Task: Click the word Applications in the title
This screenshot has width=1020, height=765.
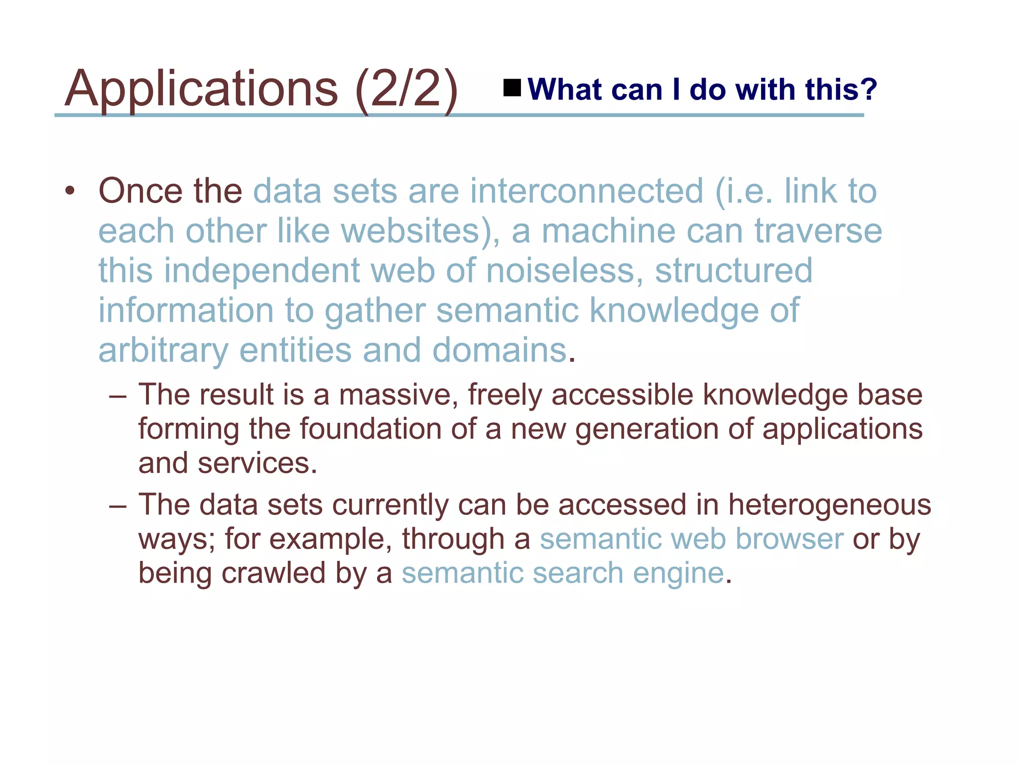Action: point(201,90)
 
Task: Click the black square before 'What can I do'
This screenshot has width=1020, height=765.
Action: point(511,88)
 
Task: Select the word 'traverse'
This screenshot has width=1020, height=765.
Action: point(818,231)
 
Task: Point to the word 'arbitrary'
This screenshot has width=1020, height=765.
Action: point(163,351)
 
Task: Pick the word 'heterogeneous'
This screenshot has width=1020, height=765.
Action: point(829,505)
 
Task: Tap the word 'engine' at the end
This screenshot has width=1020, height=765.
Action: point(678,573)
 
